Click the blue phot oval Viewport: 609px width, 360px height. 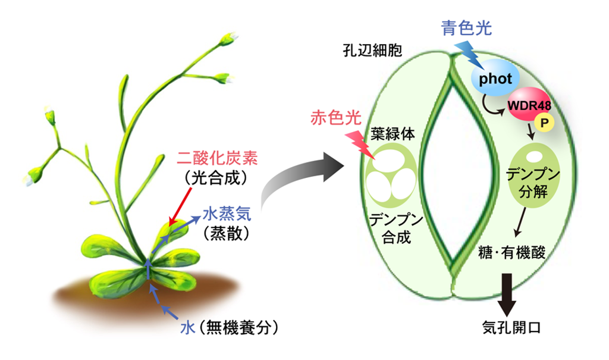(x=495, y=79)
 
